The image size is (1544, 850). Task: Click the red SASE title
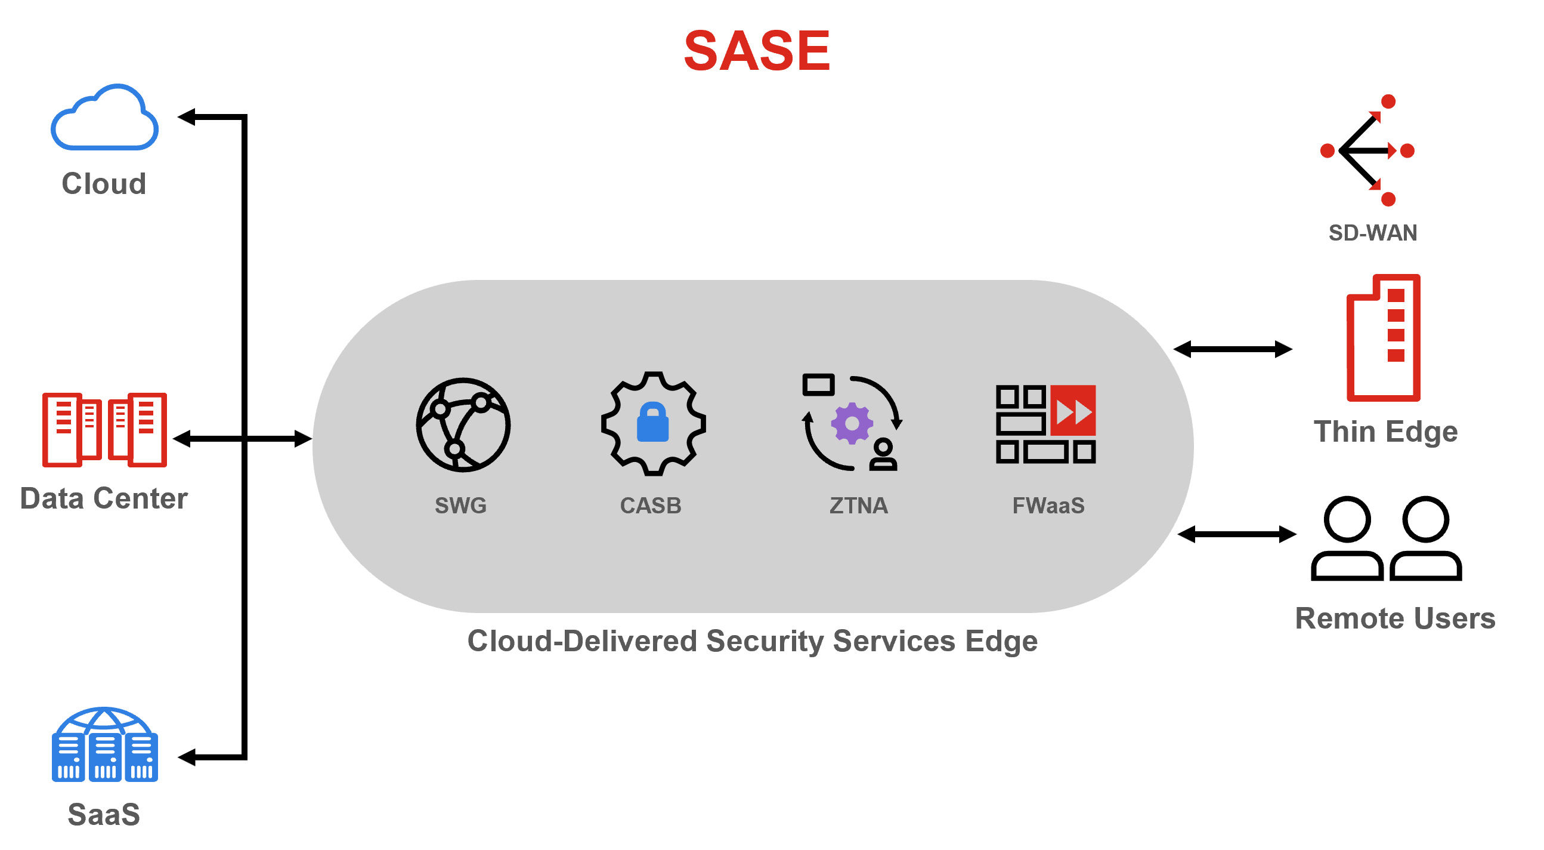756,51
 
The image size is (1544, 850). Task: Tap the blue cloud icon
105,119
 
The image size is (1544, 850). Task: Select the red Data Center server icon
104,430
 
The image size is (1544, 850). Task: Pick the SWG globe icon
463,424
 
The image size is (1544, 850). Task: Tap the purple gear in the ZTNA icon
852,423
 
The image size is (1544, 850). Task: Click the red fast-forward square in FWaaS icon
1073,411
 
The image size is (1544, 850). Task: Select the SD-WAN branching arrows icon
1369,150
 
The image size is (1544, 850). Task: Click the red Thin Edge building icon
1384,338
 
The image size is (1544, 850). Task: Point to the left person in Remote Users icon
1347,538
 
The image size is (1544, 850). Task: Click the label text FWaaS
1048,506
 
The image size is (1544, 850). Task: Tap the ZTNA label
858,506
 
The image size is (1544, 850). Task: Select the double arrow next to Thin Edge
1232,349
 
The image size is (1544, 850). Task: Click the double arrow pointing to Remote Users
1236,534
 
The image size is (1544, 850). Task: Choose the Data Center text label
104,498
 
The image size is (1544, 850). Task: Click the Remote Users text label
1395,618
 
